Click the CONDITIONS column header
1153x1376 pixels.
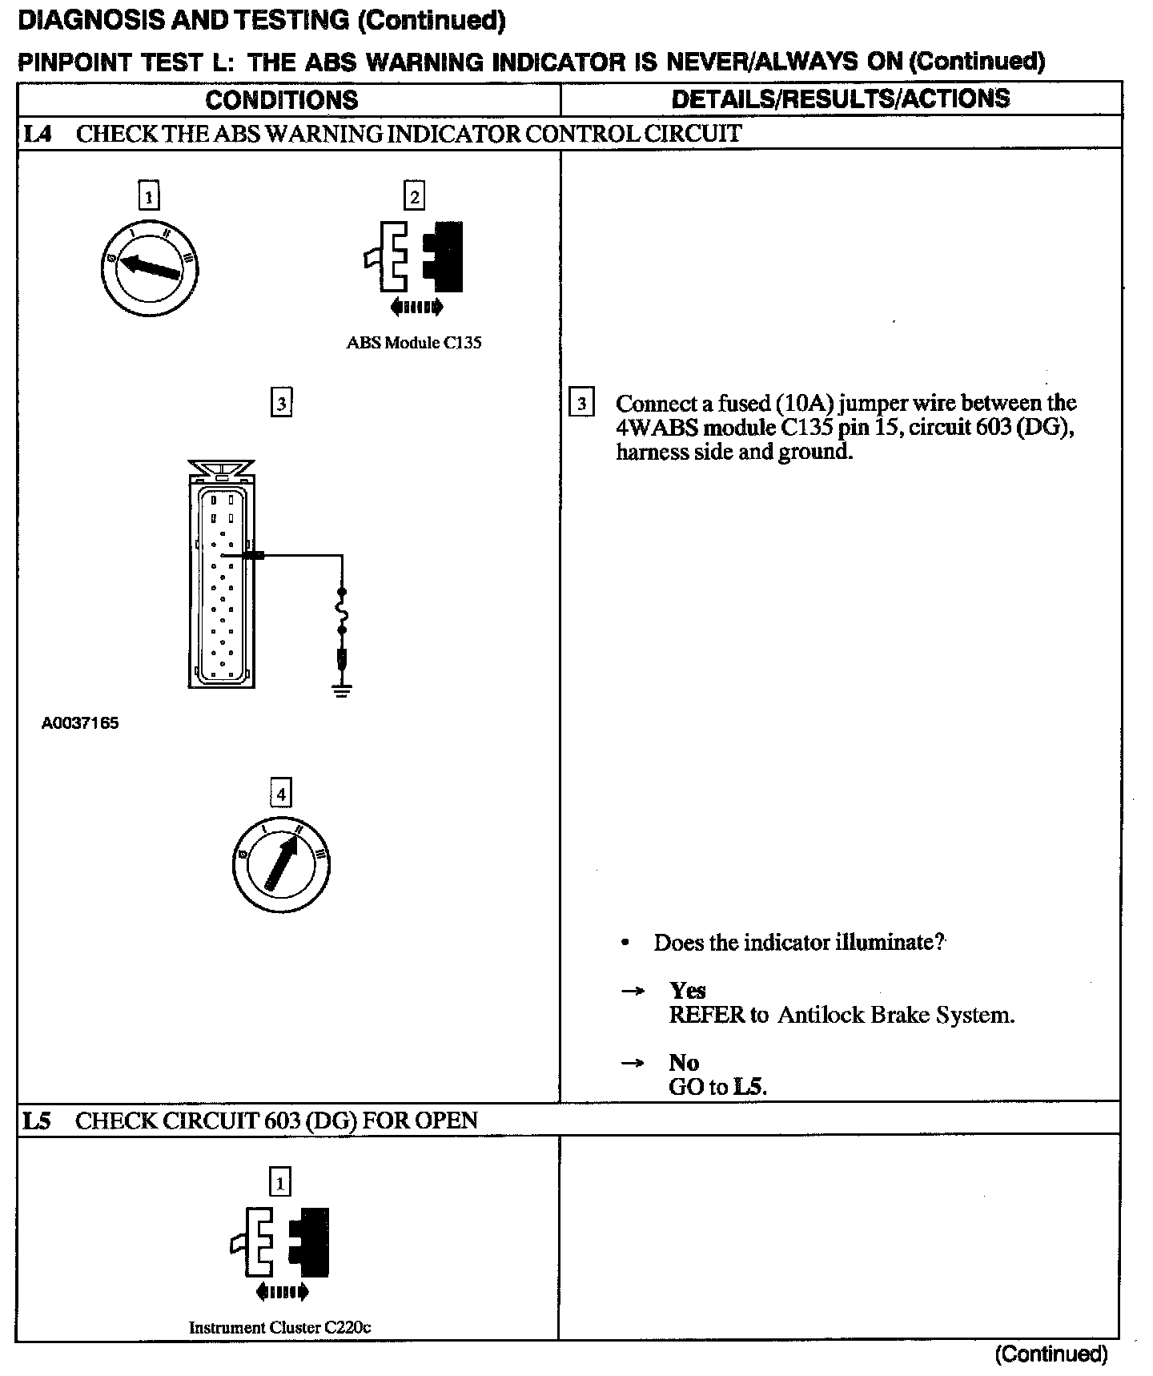click(x=281, y=100)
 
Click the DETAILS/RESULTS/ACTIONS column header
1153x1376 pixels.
click(x=840, y=99)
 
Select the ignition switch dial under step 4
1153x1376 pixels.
click(x=281, y=864)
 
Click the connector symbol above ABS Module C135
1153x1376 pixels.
click(x=415, y=256)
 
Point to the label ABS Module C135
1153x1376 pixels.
click(x=414, y=343)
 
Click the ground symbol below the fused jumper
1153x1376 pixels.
click(x=342, y=690)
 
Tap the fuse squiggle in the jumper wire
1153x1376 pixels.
click(x=343, y=613)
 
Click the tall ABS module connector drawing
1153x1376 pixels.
click(x=222, y=577)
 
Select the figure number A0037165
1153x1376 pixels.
click(x=80, y=723)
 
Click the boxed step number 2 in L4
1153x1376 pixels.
click(x=414, y=196)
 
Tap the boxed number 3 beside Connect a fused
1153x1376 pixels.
click(x=581, y=403)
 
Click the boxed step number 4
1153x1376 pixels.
click(x=281, y=794)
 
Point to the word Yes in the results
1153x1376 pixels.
click(x=687, y=991)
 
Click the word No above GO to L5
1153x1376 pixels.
click(x=684, y=1063)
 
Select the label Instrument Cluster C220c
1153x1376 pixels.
click(x=279, y=1327)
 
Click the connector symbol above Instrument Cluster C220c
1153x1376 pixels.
click(x=280, y=1242)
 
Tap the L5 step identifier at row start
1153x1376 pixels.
click(x=36, y=1120)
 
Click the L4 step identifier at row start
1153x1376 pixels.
click(x=37, y=134)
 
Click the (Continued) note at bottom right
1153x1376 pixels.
click(x=1051, y=1354)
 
